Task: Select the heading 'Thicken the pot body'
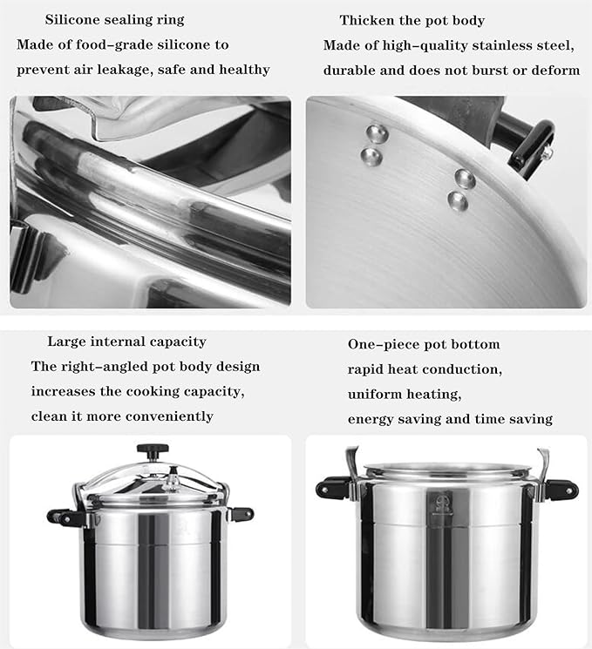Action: click(x=412, y=20)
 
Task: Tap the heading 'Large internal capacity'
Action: click(x=126, y=341)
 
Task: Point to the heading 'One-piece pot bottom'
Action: click(x=424, y=344)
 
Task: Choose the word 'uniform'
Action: click(x=374, y=394)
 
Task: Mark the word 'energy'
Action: click(x=371, y=419)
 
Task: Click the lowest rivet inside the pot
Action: click(x=458, y=201)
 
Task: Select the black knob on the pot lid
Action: click(x=153, y=452)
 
